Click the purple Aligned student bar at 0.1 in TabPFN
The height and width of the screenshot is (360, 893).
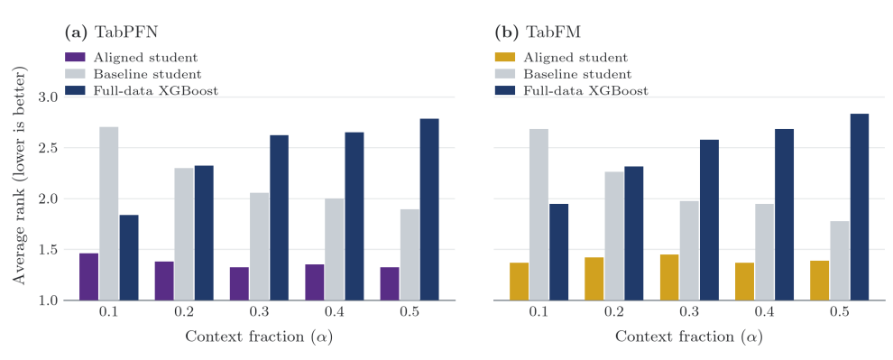point(88,276)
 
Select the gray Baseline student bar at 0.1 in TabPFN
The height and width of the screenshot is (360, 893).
point(109,214)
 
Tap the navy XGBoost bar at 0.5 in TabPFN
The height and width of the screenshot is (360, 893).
point(429,209)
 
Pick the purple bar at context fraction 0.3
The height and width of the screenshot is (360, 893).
point(239,283)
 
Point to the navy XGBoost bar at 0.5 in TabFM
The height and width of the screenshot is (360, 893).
point(860,207)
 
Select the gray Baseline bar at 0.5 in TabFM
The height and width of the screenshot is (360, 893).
point(840,261)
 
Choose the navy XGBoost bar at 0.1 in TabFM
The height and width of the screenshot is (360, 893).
point(558,252)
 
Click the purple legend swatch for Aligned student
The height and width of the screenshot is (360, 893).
point(75,57)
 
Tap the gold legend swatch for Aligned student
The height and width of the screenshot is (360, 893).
point(505,57)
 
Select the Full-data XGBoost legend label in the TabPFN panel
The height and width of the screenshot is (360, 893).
point(156,90)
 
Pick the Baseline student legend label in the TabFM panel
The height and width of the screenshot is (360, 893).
point(577,74)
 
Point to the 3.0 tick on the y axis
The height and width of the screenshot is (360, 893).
point(51,97)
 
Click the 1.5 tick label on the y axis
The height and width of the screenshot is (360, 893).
point(51,250)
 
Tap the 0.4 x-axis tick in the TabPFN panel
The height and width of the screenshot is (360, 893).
point(335,312)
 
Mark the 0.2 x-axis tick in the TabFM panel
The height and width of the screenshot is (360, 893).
point(614,312)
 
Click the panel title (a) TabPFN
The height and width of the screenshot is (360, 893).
point(112,32)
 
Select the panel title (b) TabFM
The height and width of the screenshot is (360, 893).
point(539,32)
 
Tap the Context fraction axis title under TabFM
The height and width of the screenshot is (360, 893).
point(689,337)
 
